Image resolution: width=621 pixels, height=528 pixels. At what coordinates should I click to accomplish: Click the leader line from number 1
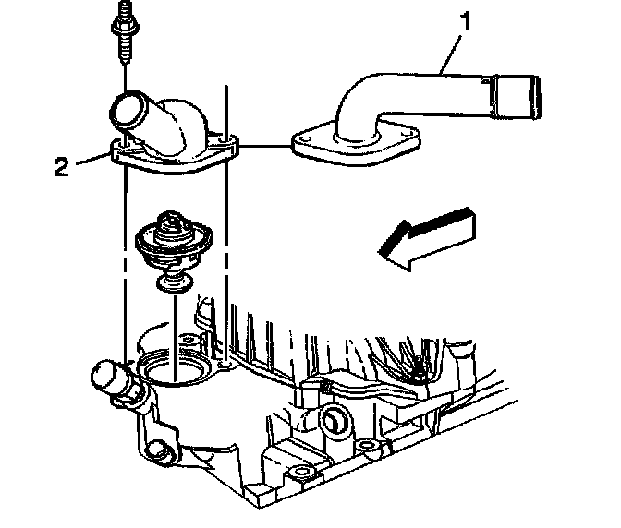coord(452,51)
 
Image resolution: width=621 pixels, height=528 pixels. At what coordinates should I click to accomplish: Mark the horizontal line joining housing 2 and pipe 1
coord(263,145)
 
